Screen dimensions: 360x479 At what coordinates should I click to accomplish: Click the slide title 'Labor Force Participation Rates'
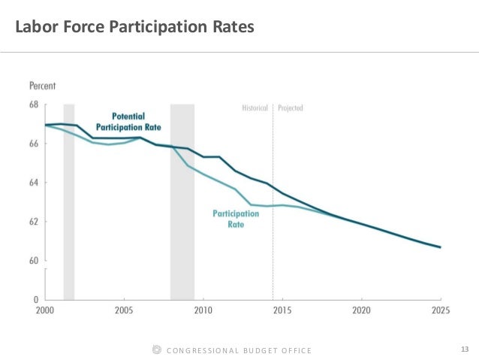pos(136,28)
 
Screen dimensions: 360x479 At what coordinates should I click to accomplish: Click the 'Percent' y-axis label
pos(44,86)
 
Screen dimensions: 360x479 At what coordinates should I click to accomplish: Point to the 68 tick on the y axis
pos(35,105)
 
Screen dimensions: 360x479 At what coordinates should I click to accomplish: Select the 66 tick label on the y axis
pos(35,144)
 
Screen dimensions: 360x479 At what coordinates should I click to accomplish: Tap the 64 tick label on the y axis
pos(35,183)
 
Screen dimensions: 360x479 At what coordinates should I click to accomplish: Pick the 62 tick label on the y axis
pos(35,222)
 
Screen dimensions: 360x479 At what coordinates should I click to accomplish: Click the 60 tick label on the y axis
pos(35,261)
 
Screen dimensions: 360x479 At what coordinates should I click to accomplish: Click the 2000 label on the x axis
pos(44,310)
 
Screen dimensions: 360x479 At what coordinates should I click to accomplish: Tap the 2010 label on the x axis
pos(203,310)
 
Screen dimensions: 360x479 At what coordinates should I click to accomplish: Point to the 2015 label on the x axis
pos(282,310)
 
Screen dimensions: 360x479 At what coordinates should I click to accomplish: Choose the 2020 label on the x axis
pos(361,310)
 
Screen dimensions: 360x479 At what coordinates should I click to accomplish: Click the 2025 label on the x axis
pos(440,310)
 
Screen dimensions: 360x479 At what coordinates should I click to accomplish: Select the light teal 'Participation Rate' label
pos(236,219)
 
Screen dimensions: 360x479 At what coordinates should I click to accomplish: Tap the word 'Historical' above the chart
pos(255,108)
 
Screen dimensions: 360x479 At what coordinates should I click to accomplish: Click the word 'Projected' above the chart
pos(291,108)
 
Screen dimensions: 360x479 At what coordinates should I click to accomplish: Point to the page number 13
pos(464,349)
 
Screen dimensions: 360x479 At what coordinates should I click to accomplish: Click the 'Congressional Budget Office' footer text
pos(238,350)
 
